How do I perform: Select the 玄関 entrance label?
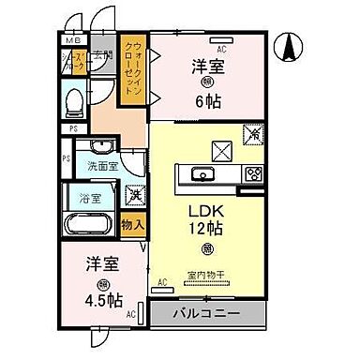pyautogui.click(x=101, y=55)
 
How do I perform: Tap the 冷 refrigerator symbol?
pyautogui.click(x=252, y=134)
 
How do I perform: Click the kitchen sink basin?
pyautogui.click(x=203, y=172)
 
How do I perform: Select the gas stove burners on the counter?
pyautogui.click(x=253, y=173)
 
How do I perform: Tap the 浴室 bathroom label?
pyautogui.click(x=88, y=200)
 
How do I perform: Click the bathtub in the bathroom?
pyautogui.click(x=91, y=226)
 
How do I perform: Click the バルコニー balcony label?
pyautogui.click(x=208, y=311)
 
